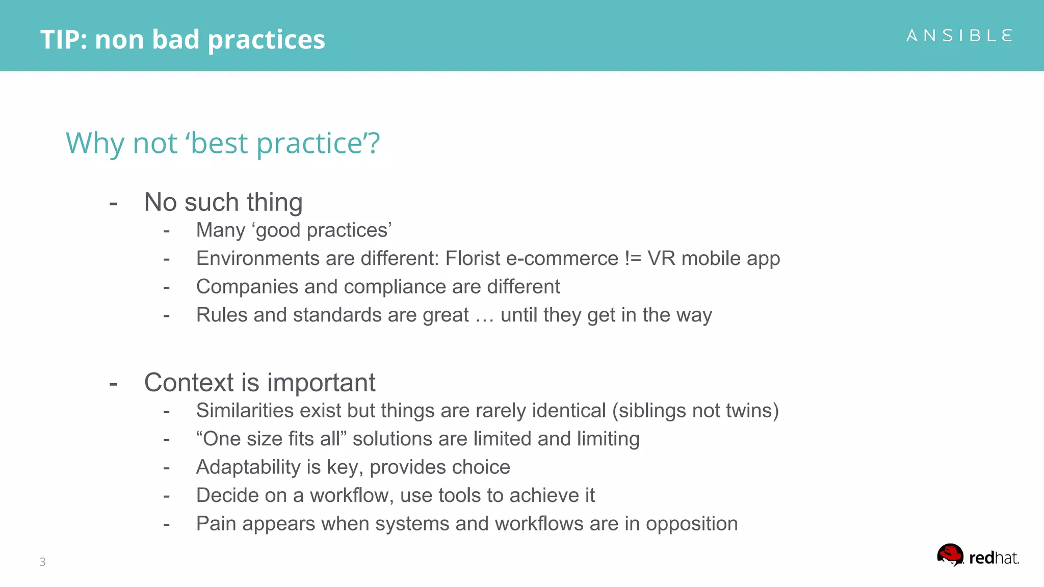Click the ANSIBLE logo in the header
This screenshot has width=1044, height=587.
[x=959, y=36]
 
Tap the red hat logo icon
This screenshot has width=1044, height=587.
[x=950, y=555]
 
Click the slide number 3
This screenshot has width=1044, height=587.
[x=42, y=562]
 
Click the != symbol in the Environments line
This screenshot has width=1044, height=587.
[x=633, y=258]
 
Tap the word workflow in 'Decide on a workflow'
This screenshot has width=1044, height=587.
[x=351, y=495]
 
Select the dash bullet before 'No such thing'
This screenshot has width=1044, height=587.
[x=113, y=203]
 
